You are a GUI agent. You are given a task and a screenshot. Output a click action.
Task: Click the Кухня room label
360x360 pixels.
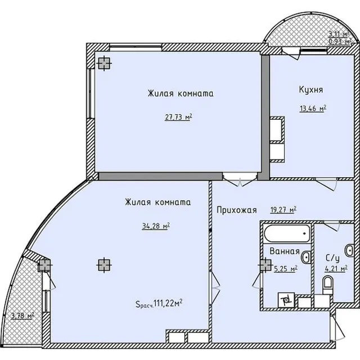[311, 89]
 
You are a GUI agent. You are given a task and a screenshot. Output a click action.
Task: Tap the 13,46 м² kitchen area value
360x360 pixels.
[313, 108]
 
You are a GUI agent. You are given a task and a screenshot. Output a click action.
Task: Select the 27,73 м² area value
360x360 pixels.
[178, 117]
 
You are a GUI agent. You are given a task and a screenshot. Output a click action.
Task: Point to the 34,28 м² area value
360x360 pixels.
[156, 226]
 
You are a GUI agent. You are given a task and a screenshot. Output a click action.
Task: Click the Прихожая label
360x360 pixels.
[237, 210]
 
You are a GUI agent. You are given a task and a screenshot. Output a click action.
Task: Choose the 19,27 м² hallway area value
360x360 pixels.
[283, 210]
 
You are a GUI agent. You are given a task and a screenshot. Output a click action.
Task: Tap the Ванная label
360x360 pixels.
[285, 251]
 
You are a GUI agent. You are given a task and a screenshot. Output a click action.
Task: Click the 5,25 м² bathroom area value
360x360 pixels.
[286, 268]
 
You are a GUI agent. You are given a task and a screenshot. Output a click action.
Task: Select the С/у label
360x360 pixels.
[332, 258]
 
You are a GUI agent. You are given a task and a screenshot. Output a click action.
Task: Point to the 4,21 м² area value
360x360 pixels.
[336, 268]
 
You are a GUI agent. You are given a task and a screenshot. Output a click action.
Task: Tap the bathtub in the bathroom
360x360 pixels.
[286, 233]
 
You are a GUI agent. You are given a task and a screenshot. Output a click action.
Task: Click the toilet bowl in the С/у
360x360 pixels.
[327, 285]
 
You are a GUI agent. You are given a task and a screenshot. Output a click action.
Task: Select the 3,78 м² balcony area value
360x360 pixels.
[22, 316]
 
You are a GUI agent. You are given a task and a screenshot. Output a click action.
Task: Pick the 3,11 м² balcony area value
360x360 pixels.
[339, 34]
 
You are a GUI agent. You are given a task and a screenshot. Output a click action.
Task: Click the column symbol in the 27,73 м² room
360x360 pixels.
[105, 63]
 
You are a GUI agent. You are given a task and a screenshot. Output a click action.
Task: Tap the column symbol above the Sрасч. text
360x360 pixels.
[104, 265]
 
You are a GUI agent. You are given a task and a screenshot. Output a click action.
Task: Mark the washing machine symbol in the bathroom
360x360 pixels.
[286, 300]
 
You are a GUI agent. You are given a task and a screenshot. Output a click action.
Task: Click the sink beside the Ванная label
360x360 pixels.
[306, 257]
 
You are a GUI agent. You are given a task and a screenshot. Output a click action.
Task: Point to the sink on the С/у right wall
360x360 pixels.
[349, 250]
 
